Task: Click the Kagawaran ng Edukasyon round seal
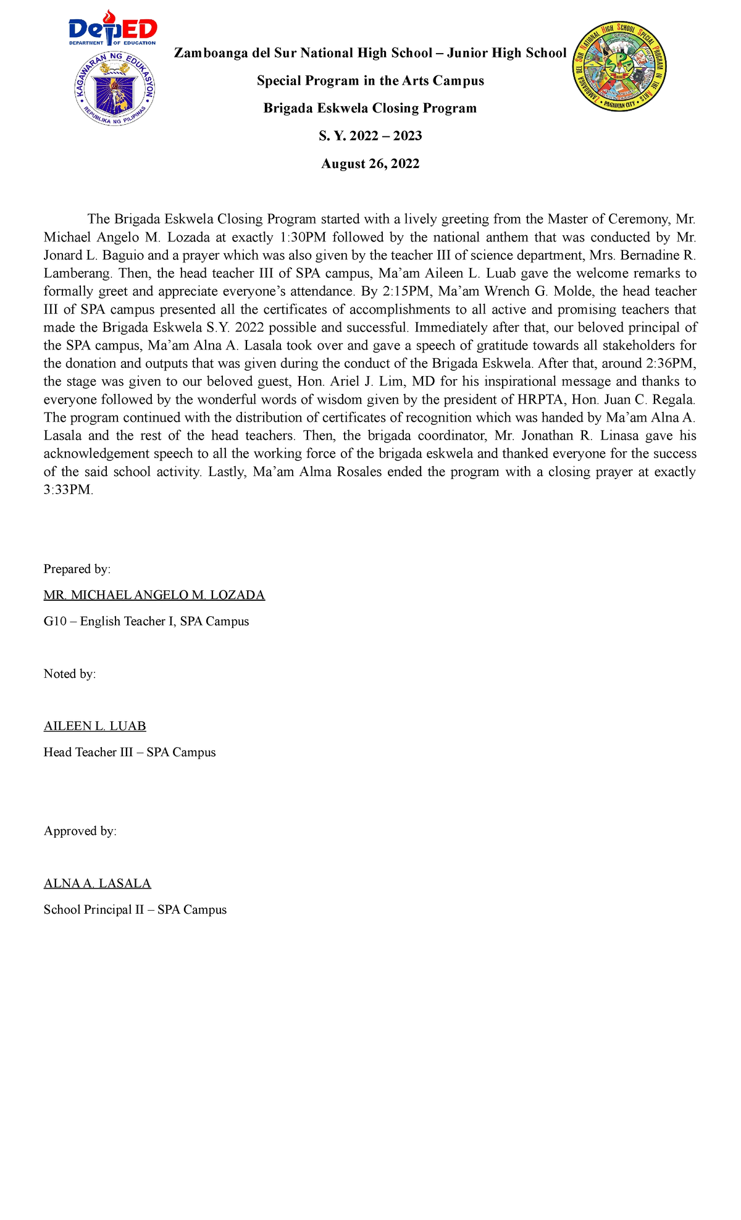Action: [114, 89]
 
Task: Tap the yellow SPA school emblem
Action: [619, 67]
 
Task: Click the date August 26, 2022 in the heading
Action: [370, 164]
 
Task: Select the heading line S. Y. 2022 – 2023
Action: [370, 136]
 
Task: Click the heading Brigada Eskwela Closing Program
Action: [370, 108]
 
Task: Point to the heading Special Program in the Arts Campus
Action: [370, 81]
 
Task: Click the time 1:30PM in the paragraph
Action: [303, 237]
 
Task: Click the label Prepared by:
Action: [77, 569]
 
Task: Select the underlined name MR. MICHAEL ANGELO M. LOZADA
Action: [154, 595]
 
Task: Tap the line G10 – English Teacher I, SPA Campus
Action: [146, 622]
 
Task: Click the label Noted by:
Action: [70, 674]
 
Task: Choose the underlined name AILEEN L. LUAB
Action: [94, 726]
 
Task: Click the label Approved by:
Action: [80, 831]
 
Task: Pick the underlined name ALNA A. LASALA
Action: [97, 884]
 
